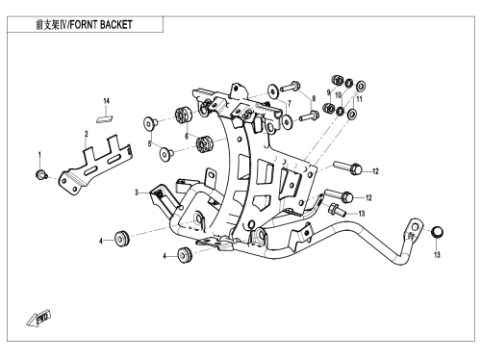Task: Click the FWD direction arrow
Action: coord(38,318)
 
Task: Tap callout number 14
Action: coord(106,101)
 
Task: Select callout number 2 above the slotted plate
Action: coord(87,134)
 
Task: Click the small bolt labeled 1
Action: coord(40,174)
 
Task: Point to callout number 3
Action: coord(137,193)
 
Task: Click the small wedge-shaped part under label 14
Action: coord(105,118)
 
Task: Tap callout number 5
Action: coord(149,144)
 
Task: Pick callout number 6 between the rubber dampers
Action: coord(187,136)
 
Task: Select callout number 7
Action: coord(290,103)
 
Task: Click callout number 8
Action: coord(314,98)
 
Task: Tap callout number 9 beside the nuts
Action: coord(328,92)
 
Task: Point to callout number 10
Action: coord(339,95)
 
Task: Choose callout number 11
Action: coord(359,99)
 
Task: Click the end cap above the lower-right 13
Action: coord(438,232)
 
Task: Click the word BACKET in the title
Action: coord(115,24)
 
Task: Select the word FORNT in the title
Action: coord(83,24)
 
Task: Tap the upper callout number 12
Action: coord(375,171)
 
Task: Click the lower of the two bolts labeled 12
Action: coord(339,195)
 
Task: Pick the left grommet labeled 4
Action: coord(122,238)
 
